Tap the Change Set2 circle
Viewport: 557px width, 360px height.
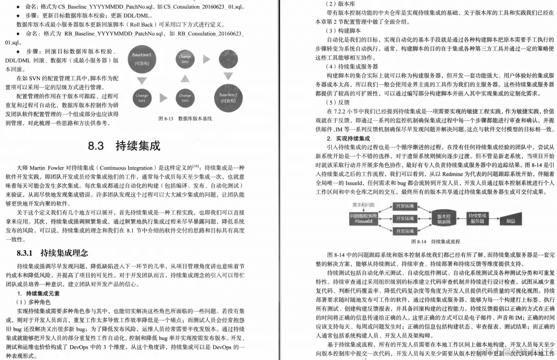185,98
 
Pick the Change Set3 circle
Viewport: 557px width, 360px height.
185,59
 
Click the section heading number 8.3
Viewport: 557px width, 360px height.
96,145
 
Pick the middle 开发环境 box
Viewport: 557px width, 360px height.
404,218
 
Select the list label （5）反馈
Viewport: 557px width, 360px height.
338,102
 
